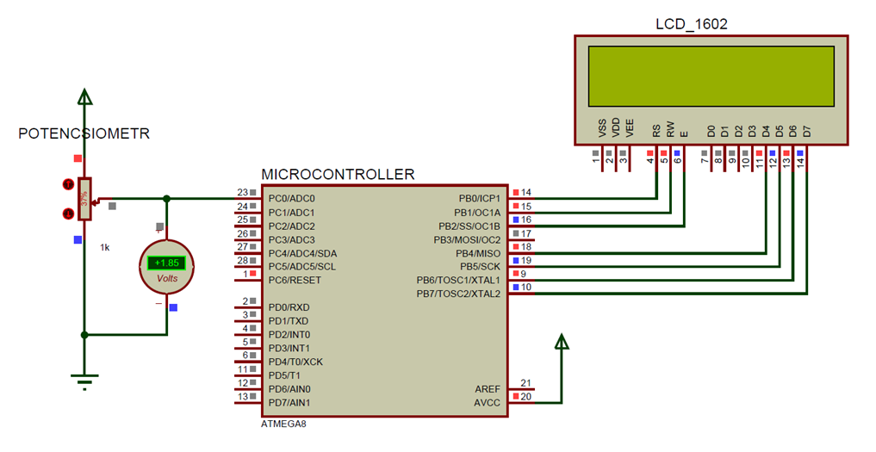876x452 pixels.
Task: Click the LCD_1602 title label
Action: pos(692,24)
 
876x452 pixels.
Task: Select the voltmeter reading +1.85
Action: pos(166,263)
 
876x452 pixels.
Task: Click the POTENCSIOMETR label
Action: pos(84,134)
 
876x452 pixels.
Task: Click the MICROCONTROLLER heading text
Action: pos(337,175)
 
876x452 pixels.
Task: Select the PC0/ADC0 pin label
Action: pos(291,199)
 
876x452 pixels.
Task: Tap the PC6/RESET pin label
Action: pos(295,280)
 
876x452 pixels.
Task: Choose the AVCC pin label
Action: pos(487,403)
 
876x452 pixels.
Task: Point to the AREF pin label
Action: pos(487,389)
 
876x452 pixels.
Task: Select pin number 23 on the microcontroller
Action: pos(242,193)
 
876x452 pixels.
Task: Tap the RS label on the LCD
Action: pos(656,131)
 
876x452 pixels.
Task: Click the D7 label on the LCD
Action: pos(806,131)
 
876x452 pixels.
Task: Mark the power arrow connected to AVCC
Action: pos(562,342)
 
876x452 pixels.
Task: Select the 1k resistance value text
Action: pos(104,247)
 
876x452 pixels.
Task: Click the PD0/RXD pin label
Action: pos(289,307)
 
